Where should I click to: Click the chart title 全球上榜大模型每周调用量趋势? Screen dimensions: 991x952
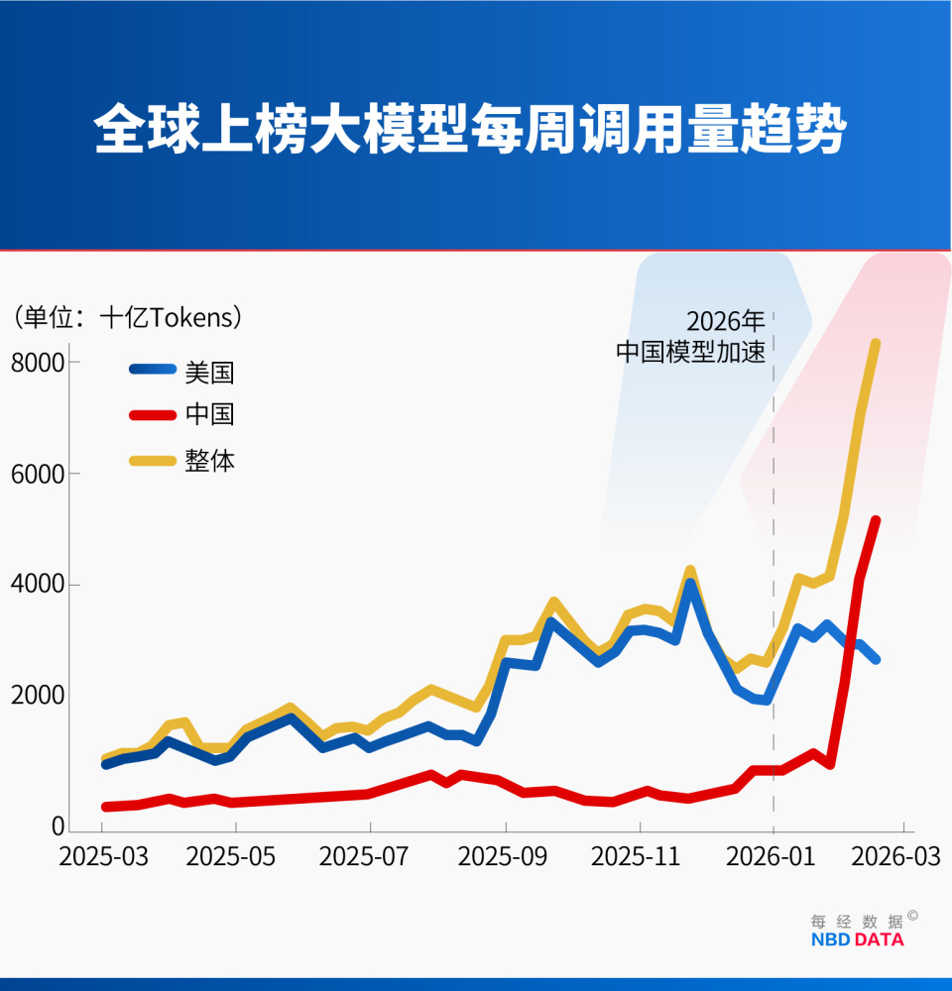click(x=470, y=129)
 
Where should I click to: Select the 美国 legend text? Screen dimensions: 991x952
click(x=209, y=372)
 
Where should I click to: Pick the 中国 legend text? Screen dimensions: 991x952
click(x=209, y=414)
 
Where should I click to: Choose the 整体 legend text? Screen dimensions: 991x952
click(x=209, y=461)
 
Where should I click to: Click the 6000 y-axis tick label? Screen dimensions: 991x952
click(x=38, y=474)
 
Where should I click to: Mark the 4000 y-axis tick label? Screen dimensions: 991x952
click(x=38, y=585)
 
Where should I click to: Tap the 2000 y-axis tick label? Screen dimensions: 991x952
click(x=38, y=697)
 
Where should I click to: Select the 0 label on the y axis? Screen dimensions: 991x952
click(x=58, y=826)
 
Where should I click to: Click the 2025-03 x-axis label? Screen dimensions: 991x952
click(x=103, y=857)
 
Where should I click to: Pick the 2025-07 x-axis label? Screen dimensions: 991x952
click(x=368, y=857)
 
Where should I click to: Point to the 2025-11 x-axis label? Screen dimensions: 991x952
click(x=636, y=857)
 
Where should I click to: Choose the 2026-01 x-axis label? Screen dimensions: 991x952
click(x=772, y=857)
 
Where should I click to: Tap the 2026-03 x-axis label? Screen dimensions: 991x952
click(x=903, y=857)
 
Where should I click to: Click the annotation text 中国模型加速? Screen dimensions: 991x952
click(x=690, y=353)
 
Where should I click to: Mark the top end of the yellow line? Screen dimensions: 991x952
click(x=876, y=344)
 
